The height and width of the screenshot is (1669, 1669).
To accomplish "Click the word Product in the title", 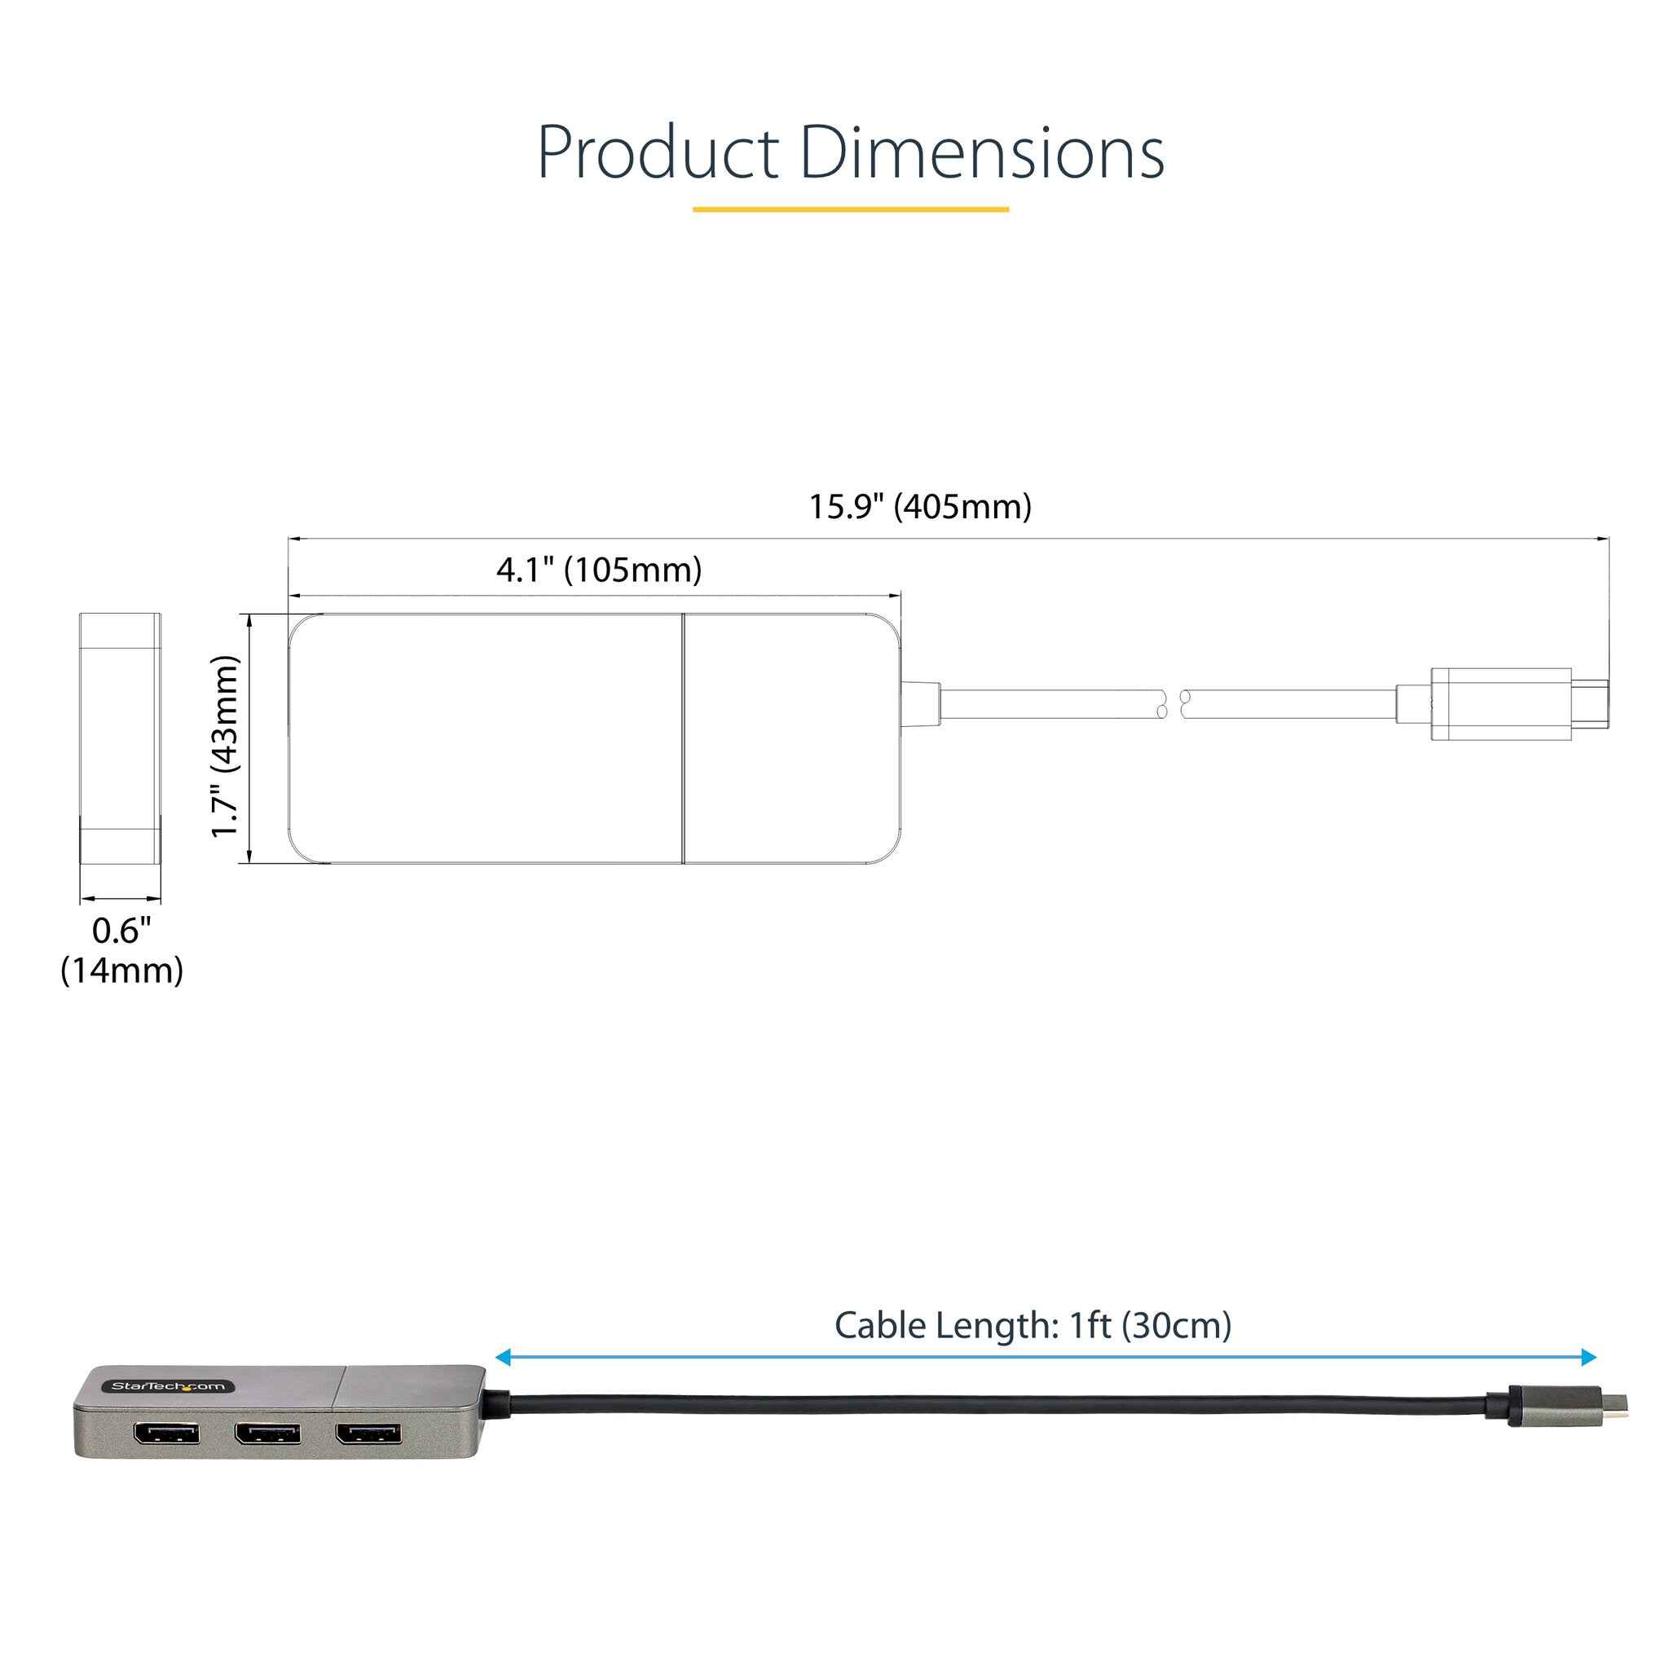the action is point(658,153).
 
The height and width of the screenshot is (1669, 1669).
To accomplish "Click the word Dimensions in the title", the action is point(982,152).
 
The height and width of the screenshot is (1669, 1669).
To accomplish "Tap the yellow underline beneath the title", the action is point(851,209).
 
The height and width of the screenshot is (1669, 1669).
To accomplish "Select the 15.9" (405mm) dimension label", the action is point(920,506).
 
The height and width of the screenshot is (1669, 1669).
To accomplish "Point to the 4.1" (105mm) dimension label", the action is point(599,570).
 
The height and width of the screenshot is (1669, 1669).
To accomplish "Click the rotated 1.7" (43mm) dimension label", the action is point(225,746).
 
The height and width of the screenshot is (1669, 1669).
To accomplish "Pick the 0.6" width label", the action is point(121,931).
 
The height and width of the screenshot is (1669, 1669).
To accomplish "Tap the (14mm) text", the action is point(121,971).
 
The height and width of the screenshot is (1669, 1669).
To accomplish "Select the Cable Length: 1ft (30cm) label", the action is point(1033,1325).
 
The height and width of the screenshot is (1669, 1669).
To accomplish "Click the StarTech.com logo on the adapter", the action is point(169,1386).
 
